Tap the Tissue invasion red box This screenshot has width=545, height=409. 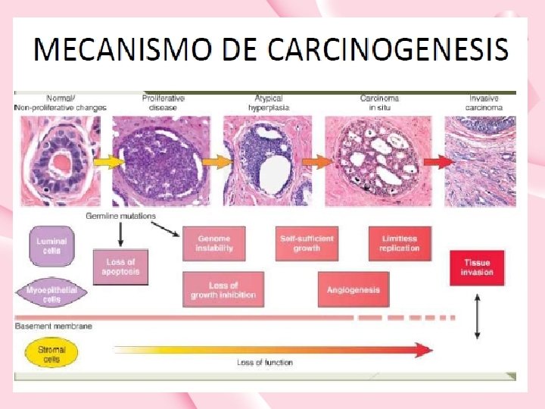[477, 267]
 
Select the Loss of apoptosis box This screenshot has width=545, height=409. [121, 267]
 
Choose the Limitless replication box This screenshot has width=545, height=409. [399, 243]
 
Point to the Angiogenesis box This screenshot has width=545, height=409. [353, 290]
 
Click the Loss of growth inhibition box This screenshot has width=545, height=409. [223, 290]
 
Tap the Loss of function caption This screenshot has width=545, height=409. [264, 363]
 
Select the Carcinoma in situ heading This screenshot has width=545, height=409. [379, 103]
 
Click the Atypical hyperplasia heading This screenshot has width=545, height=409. [269, 103]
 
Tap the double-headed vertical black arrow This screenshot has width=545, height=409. [477, 316]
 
